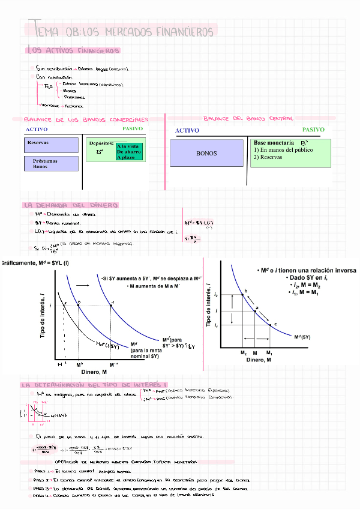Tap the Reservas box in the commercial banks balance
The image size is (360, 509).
tap(52, 145)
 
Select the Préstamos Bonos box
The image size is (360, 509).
tap(52, 163)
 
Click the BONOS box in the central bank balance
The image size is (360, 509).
tap(206, 153)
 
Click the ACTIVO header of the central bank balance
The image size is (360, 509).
tap(187, 130)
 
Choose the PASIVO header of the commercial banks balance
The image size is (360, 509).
tap(132, 128)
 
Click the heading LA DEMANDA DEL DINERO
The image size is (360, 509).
tap(70, 205)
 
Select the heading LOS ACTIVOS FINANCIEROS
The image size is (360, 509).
tap(73, 51)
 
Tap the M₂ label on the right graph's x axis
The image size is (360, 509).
tap(244, 352)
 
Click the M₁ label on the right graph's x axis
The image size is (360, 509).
tap(269, 352)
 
